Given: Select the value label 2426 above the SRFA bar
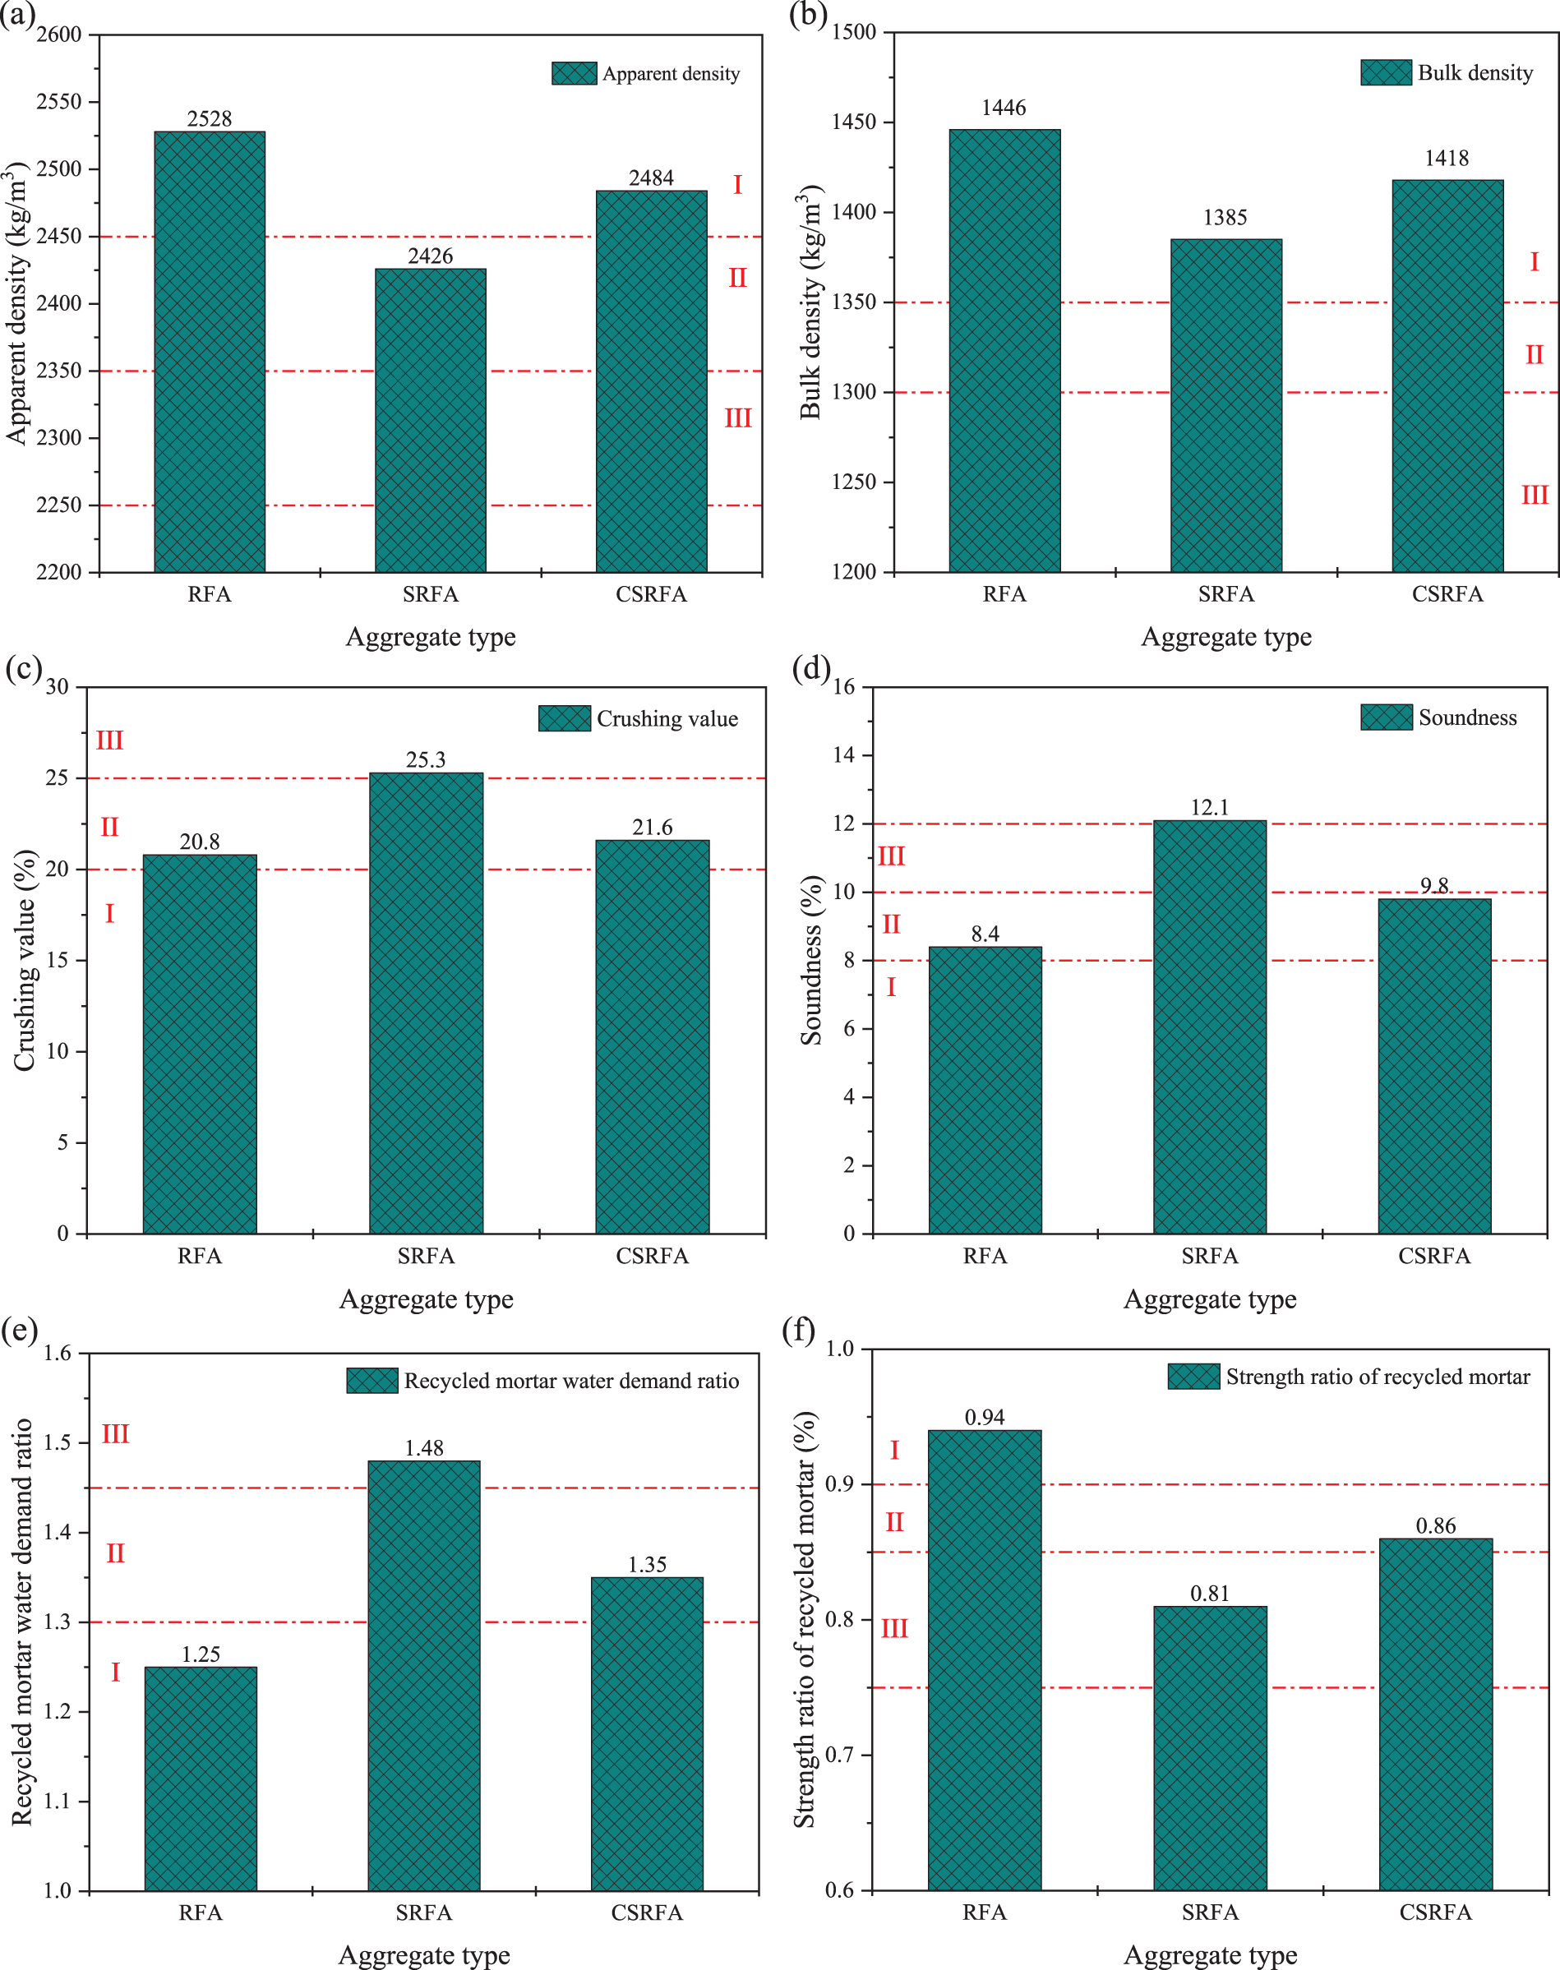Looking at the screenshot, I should click(x=430, y=256).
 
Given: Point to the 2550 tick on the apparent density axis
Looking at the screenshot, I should click(x=59, y=102).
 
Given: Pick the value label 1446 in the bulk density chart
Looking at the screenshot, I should click(x=1004, y=108).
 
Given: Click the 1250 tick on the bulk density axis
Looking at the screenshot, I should click(x=852, y=482).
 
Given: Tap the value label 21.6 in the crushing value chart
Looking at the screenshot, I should click(x=652, y=828).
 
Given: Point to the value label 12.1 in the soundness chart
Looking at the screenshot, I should click(x=1209, y=807).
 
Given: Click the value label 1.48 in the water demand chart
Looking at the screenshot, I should click(x=424, y=1448).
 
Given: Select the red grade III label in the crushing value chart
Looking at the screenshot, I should click(x=109, y=740).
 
